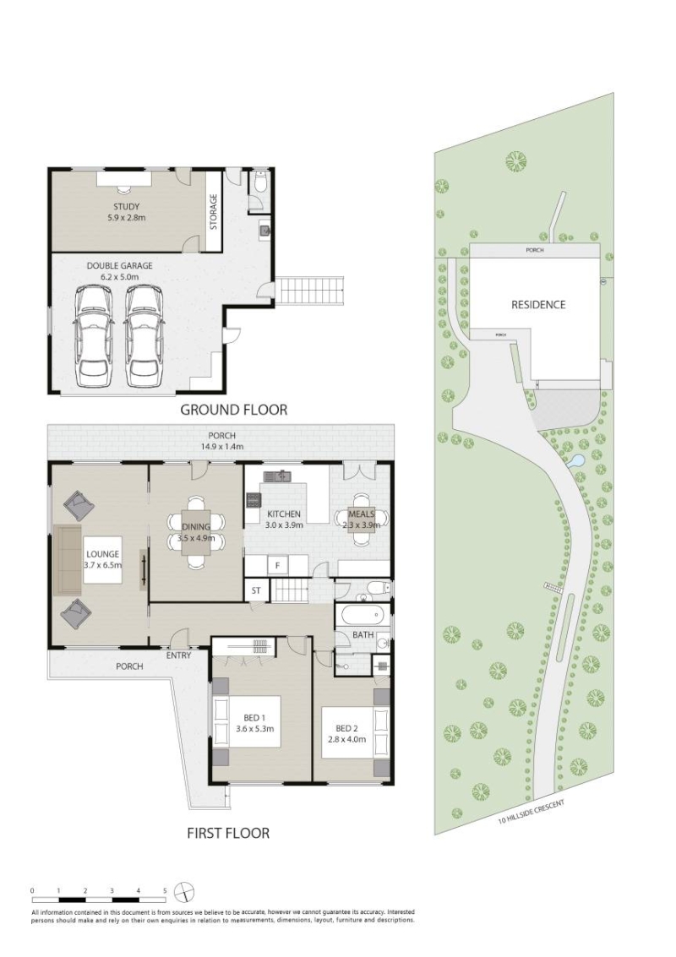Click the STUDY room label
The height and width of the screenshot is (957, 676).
(x=126, y=206)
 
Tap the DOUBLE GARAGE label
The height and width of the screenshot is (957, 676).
(x=120, y=266)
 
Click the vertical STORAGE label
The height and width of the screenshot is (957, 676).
(x=214, y=212)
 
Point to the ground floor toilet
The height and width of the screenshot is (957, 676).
(x=261, y=181)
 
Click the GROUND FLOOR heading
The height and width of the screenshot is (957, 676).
(x=233, y=410)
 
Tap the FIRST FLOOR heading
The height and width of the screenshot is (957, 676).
(x=228, y=833)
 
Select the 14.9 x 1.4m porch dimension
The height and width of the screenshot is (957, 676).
(x=221, y=447)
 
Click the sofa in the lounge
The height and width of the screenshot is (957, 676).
(x=67, y=560)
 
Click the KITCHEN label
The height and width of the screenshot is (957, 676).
(x=283, y=514)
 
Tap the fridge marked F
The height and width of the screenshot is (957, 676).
(x=277, y=566)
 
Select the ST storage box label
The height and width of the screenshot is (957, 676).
(x=256, y=590)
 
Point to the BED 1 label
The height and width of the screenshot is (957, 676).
(x=251, y=718)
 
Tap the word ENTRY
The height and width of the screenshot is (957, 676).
(x=178, y=655)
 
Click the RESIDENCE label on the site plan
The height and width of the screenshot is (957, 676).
(x=538, y=305)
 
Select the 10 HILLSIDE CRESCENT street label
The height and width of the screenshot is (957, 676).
(x=531, y=812)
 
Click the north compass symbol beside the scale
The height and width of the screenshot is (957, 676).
(x=184, y=892)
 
